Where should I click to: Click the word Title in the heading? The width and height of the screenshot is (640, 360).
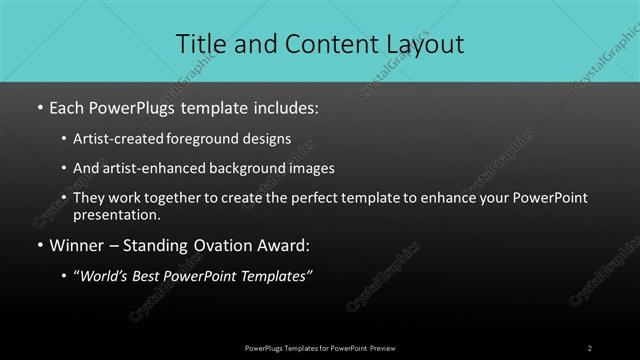coord(201,44)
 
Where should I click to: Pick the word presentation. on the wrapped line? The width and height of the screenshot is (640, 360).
coord(116,214)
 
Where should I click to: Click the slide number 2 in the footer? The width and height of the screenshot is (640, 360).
coord(590,347)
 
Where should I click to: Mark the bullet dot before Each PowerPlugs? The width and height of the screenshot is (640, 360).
coord(39,106)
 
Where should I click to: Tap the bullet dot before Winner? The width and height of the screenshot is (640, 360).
coord(39,245)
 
